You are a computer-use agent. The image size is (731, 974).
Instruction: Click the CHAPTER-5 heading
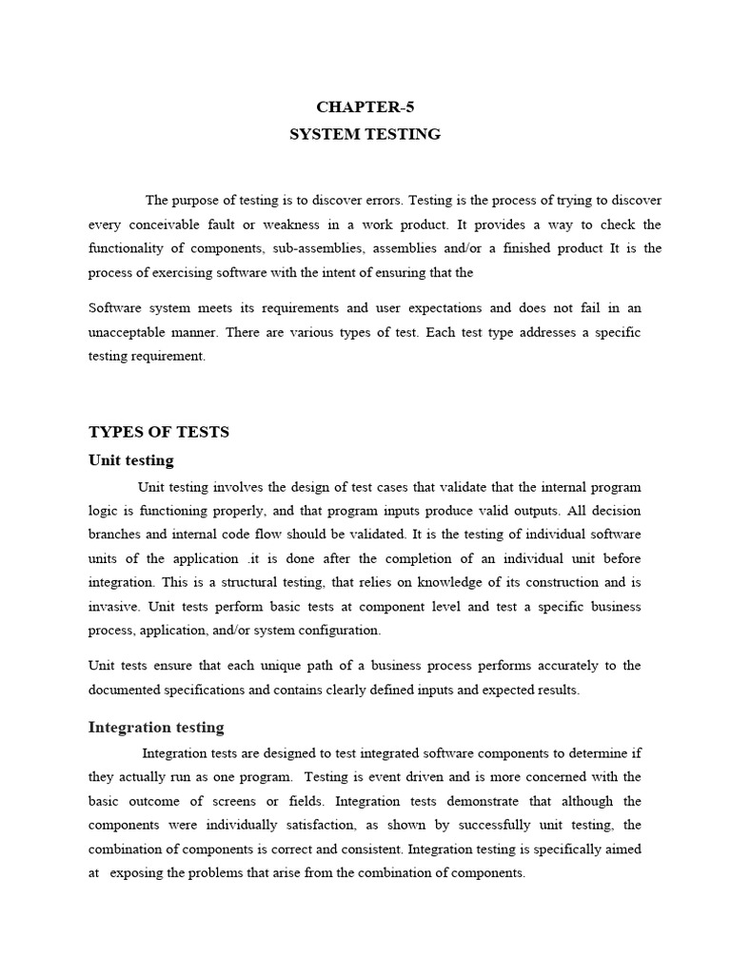coord(365,107)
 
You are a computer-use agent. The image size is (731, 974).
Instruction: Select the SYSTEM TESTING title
coord(365,134)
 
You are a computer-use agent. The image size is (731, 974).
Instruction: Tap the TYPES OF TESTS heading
coord(159,432)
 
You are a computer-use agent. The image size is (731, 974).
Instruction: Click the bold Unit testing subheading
coord(130,460)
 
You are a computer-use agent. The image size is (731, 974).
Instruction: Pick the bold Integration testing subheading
coord(156,728)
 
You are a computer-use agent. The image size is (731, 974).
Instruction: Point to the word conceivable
coord(176,224)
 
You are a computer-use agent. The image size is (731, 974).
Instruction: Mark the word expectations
coord(445,308)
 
